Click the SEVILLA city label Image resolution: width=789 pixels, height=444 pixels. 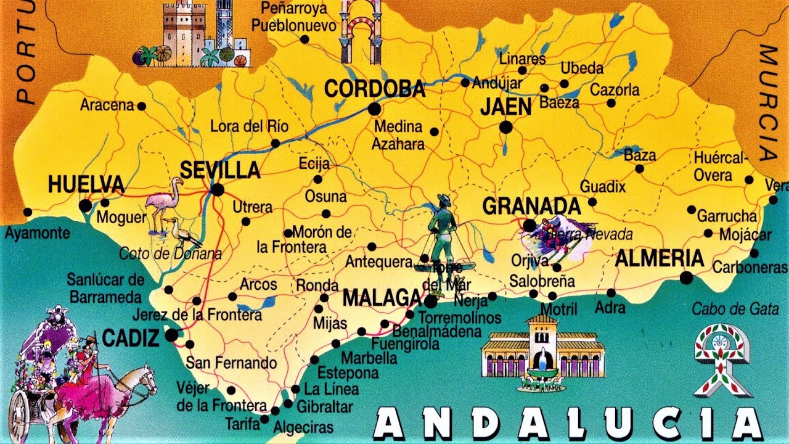click(x=220, y=170)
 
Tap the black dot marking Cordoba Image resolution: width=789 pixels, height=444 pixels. click(x=374, y=109)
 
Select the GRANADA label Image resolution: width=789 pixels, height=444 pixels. click(x=531, y=206)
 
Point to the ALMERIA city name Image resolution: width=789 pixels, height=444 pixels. click(x=660, y=258)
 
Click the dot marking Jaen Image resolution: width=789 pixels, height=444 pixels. click(x=506, y=128)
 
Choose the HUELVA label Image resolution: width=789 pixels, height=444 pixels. click(x=86, y=184)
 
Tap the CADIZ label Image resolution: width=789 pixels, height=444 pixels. click(x=131, y=337)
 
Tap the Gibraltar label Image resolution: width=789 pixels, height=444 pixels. click(x=324, y=407)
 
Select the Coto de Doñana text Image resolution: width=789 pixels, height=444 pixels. click(x=170, y=253)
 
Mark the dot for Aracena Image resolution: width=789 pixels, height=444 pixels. click(x=141, y=106)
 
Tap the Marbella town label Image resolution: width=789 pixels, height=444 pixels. click(x=369, y=357)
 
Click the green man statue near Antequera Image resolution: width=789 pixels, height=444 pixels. click(x=442, y=231)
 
